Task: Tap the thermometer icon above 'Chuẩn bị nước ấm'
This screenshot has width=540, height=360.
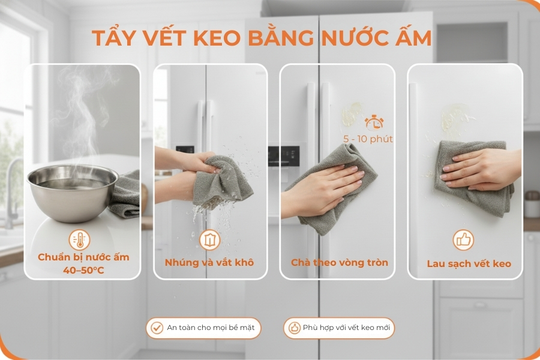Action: pyautogui.click(x=80, y=239)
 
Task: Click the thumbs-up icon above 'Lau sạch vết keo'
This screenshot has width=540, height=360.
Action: pyautogui.click(x=463, y=241)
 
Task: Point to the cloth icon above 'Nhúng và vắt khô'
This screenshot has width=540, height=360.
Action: pyautogui.click(x=209, y=240)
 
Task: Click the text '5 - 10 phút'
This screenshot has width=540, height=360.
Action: pyautogui.click(x=368, y=139)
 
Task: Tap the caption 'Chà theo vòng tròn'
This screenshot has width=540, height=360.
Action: pyautogui.click(x=340, y=263)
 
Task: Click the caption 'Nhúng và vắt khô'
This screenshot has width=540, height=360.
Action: pyautogui.click(x=209, y=263)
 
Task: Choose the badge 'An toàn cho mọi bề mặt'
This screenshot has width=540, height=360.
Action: pyautogui.click(x=204, y=328)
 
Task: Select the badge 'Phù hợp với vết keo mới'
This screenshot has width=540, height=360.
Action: pyautogui.click(x=339, y=328)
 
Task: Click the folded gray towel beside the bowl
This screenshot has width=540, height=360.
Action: pyautogui.click(x=127, y=195)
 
